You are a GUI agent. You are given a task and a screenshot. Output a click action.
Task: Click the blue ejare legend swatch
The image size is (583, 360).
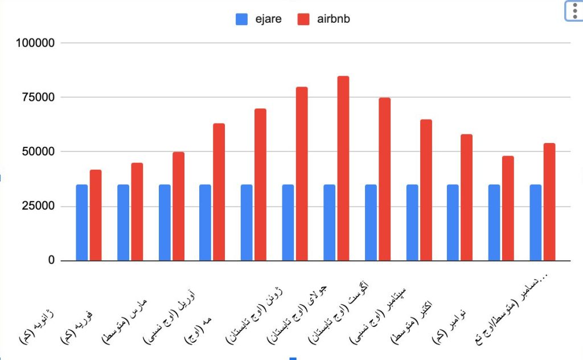click(x=242, y=19)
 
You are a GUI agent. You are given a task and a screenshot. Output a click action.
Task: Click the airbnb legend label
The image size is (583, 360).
click(x=334, y=19)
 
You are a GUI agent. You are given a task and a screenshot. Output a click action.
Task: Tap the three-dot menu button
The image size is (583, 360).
click(x=573, y=11)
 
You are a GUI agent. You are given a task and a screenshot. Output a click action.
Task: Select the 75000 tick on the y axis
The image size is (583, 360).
click(x=36, y=97)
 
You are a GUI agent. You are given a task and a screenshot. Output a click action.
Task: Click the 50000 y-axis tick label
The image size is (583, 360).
click(x=36, y=152)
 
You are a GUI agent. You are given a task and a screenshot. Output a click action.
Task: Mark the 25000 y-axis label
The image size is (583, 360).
click(x=36, y=206)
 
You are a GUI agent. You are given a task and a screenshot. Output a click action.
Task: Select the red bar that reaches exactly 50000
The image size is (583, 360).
click(x=178, y=206)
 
